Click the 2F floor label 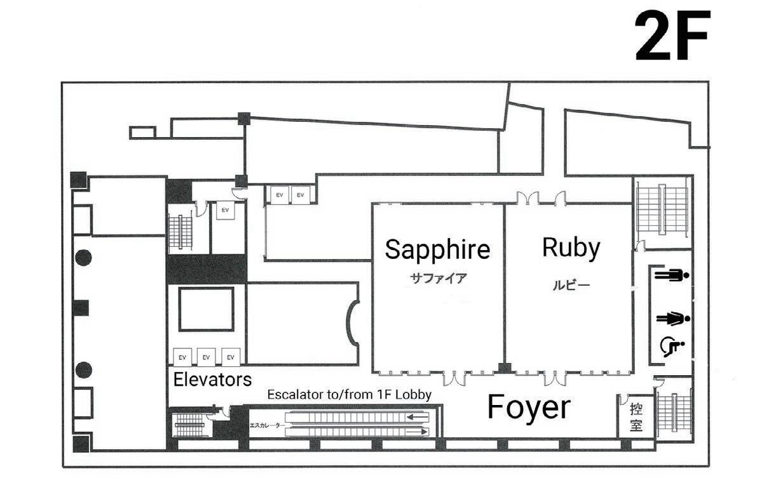click(x=672, y=36)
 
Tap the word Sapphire click(x=437, y=249)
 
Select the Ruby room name click(x=571, y=247)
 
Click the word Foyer click(x=529, y=407)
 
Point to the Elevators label click(x=212, y=380)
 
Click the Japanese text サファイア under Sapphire click(x=438, y=277)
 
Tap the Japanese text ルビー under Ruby click(x=570, y=285)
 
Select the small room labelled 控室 click(x=636, y=416)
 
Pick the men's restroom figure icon click(x=671, y=275)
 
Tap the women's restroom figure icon click(x=671, y=317)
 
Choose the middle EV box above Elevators click(x=206, y=357)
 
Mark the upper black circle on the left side click(x=83, y=257)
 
